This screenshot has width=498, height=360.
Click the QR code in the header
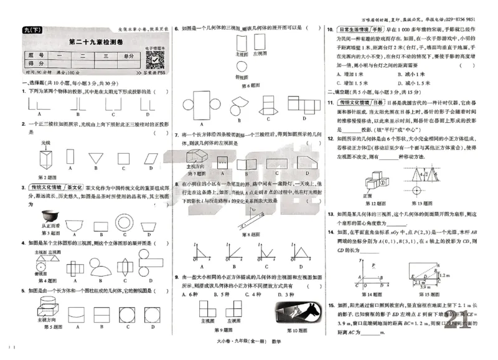pos(153,60)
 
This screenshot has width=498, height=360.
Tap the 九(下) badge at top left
pos(29,30)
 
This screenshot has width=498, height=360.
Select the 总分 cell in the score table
pos(129,55)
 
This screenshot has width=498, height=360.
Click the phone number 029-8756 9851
pos(463,19)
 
